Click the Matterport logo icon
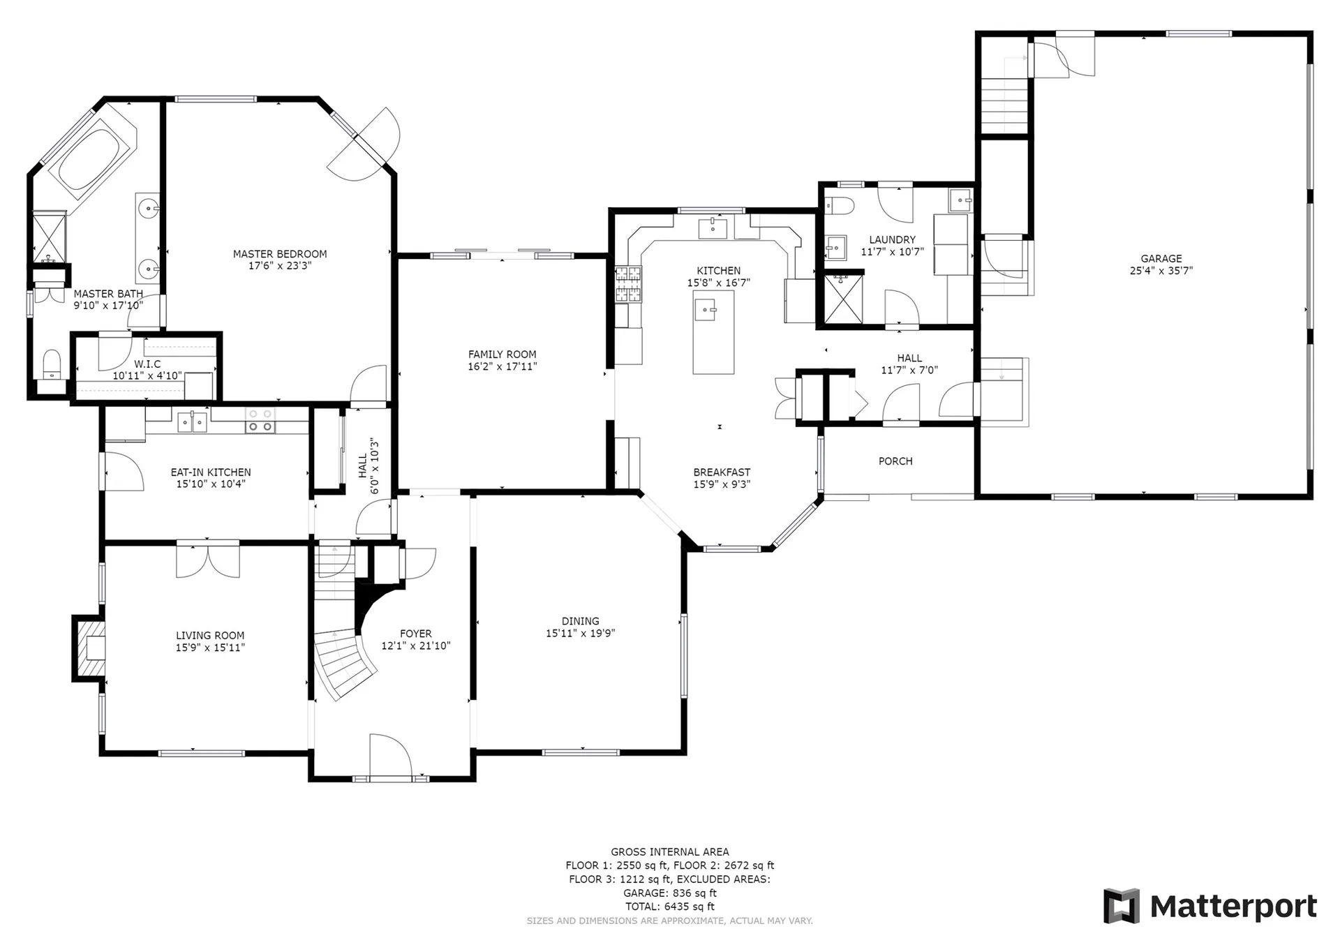(x=1122, y=906)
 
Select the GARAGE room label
(x=1161, y=258)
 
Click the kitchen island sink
(x=707, y=308)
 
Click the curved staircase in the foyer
(x=345, y=664)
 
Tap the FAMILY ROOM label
(x=502, y=355)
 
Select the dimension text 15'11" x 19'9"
(x=581, y=634)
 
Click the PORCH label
(x=895, y=461)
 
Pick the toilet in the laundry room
(x=839, y=206)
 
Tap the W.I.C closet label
(x=147, y=364)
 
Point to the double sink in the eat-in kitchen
(x=191, y=422)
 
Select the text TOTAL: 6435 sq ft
(x=670, y=907)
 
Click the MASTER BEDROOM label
(x=280, y=254)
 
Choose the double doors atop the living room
(x=208, y=560)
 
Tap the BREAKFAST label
(x=722, y=472)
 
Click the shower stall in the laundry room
(x=844, y=299)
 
